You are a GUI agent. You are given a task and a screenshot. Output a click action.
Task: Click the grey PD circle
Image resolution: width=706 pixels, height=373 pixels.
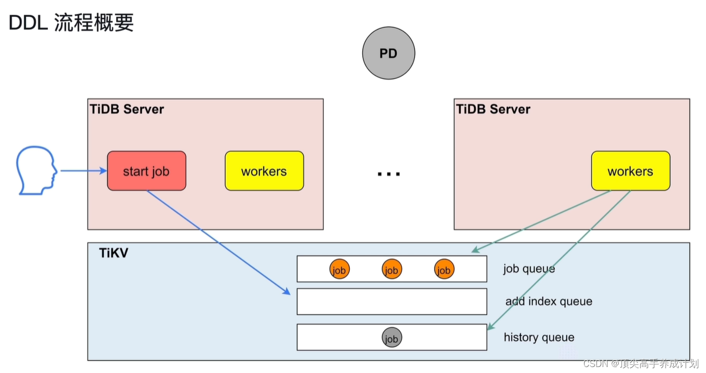pyautogui.click(x=388, y=53)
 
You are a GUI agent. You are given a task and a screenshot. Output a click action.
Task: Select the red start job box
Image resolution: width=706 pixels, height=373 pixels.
pyautogui.click(x=146, y=171)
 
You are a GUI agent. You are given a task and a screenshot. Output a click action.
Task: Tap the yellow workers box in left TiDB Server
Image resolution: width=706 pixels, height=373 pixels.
pyautogui.click(x=264, y=171)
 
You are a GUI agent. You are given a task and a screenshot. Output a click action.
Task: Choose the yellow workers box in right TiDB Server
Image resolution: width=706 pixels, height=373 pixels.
pyautogui.click(x=630, y=171)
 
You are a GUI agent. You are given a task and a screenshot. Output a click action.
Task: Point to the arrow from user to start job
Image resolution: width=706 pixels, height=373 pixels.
pyautogui.click(x=83, y=171)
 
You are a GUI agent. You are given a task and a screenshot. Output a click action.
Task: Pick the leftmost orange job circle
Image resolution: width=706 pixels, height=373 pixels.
pyautogui.click(x=339, y=269)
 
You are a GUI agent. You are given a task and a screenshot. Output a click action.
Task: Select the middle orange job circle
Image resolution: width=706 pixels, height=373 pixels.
pyautogui.click(x=392, y=269)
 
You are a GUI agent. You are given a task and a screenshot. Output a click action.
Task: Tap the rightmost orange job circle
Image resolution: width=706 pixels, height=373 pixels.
pyautogui.click(x=444, y=269)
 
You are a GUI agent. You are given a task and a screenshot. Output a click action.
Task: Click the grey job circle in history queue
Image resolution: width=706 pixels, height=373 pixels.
pyautogui.click(x=392, y=338)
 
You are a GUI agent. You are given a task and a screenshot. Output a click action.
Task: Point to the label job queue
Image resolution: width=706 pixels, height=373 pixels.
pyautogui.click(x=529, y=269)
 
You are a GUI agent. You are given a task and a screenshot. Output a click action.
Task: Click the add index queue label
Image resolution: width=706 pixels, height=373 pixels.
pyautogui.click(x=549, y=301)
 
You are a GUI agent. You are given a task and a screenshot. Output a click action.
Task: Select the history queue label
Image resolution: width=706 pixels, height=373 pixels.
pyautogui.click(x=539, y=338)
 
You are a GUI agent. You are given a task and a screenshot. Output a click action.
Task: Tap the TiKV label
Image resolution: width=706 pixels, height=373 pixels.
pyautogui.click(x=113, y=253)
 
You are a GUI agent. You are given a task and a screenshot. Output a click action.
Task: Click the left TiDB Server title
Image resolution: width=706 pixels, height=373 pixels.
pyautogui.click(x=127, y=109)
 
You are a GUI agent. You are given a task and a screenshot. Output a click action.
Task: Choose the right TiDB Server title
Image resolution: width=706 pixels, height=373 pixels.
pyautogui.click(x=493, y=109)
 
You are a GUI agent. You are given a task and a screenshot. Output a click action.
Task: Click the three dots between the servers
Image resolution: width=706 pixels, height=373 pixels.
pyautogui.click(x=388, y=174)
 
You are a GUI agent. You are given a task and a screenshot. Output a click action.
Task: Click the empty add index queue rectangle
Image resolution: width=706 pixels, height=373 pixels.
pyautogui.click(x=392, y=301)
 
